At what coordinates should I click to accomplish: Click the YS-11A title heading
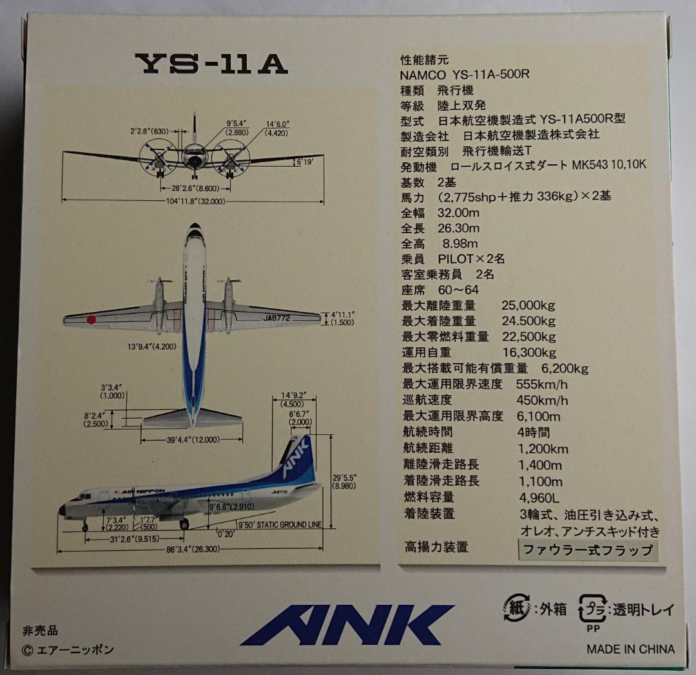point(211,64)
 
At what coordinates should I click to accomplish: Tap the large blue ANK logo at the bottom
point(347,624)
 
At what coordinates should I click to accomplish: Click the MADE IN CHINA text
point(630,649)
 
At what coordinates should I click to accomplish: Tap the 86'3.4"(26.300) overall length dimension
point(193,550)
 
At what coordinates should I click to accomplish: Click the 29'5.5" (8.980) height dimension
point(345,482)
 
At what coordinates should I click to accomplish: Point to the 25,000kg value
point(528,305)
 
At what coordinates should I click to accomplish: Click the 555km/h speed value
point(542,385)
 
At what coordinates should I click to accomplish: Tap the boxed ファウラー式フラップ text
point(588,550)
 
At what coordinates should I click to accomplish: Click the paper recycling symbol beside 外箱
point(516,609)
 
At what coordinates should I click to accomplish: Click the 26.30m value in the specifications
point(458,227)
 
